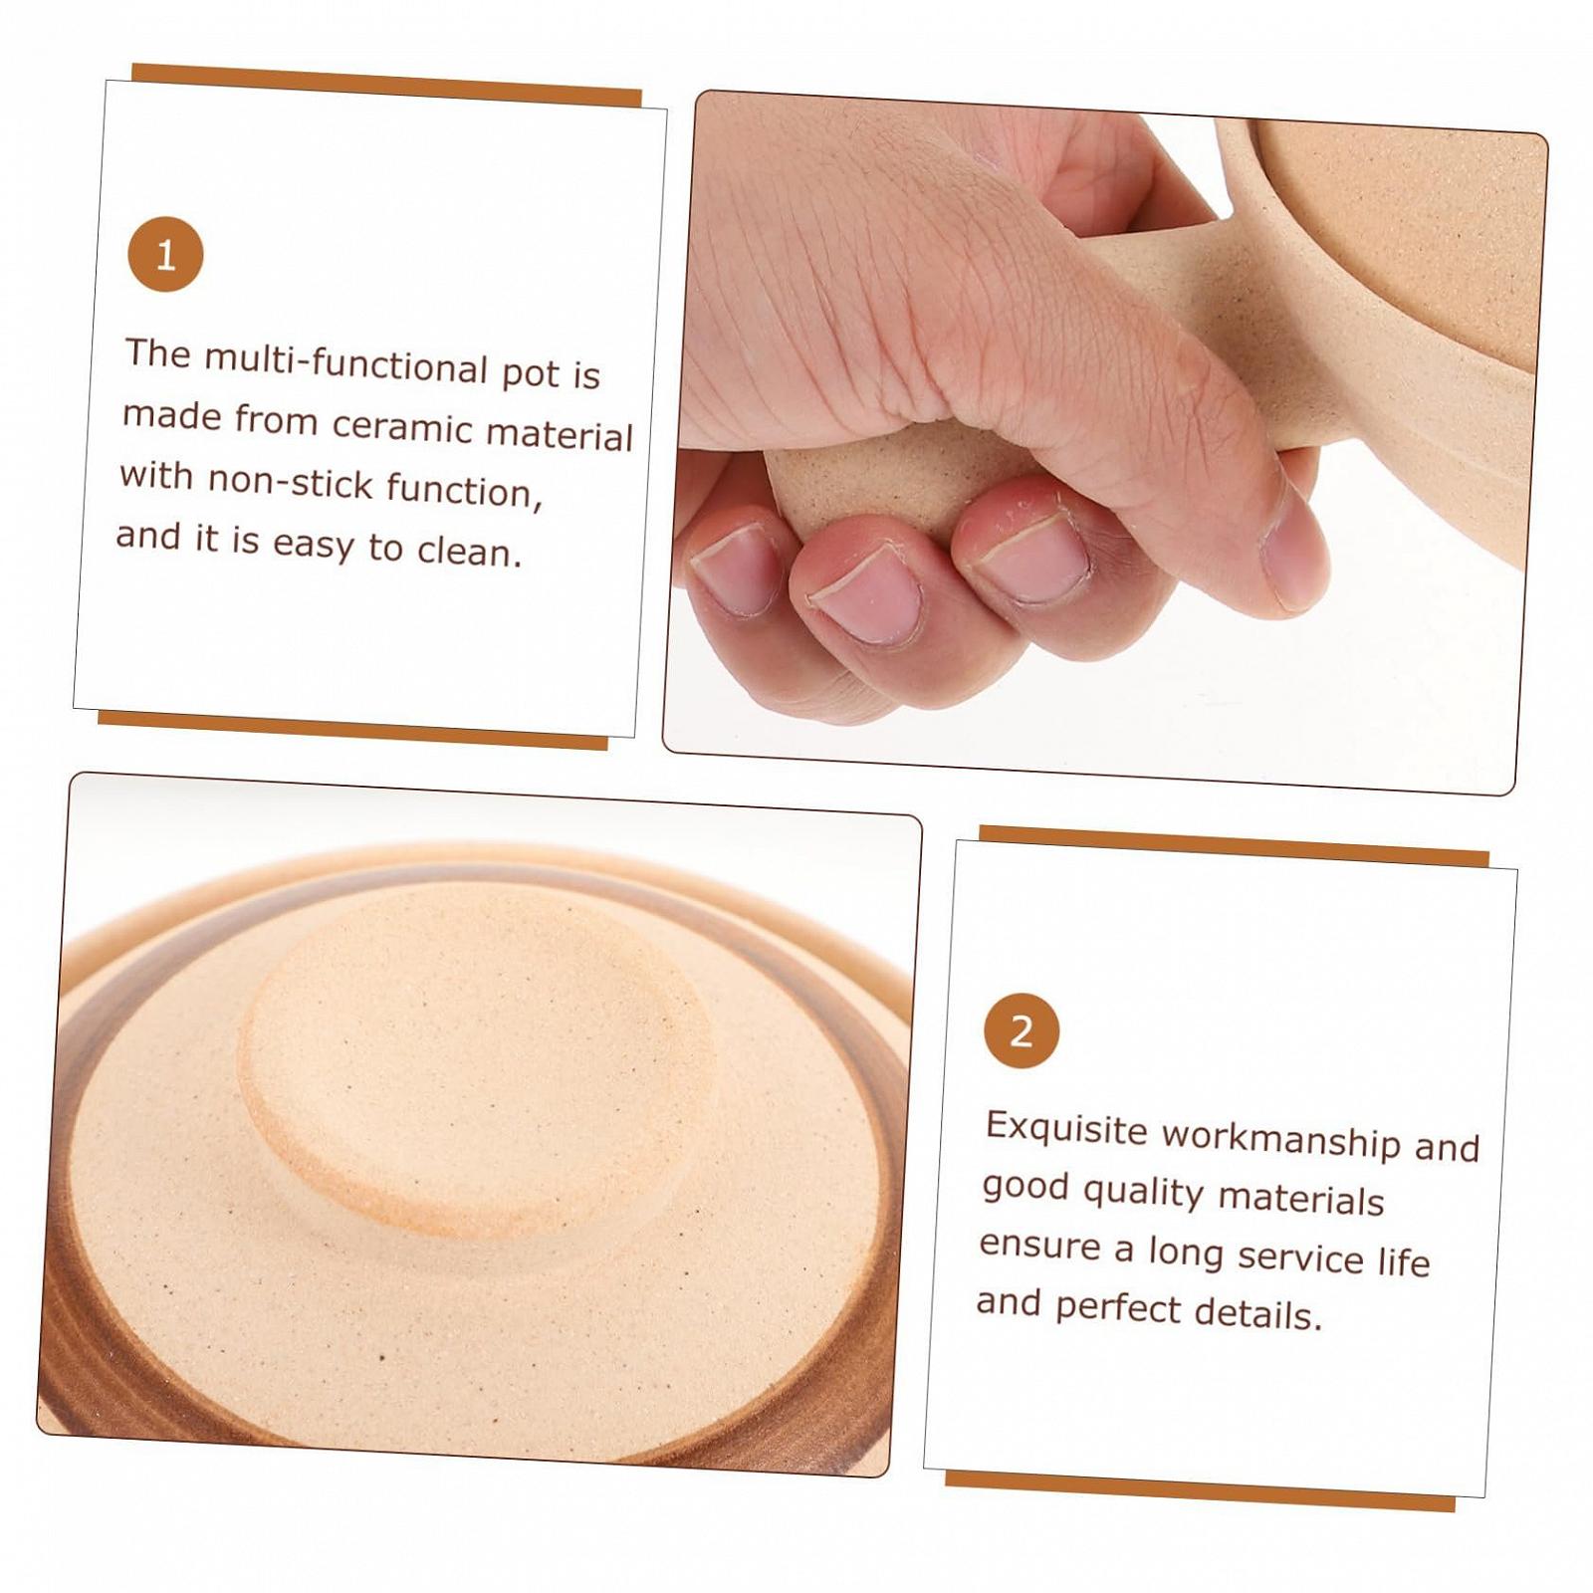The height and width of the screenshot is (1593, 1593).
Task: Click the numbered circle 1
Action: point(165,255)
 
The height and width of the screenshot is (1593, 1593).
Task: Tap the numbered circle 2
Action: point(1022,1030)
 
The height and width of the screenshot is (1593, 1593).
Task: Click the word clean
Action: point(469,551)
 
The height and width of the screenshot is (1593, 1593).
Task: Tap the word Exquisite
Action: point(1066,1130)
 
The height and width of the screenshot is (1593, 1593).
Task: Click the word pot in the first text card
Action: point(531,373)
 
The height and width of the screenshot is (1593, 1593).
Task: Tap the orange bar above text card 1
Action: point(386,85)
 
